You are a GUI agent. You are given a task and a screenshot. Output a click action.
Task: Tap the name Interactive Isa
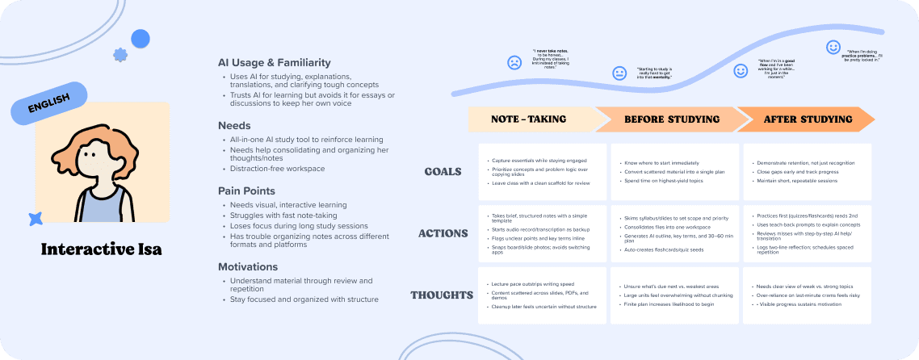click(x=101, y=249)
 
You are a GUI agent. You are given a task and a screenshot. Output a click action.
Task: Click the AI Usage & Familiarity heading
click(x=274, y=62)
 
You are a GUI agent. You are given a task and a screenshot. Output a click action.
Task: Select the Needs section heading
click(x=234, y=125)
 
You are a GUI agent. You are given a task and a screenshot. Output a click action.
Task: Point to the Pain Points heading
click(x=246, y=190)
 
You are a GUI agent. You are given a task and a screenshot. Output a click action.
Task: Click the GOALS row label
click(x=443, y=171)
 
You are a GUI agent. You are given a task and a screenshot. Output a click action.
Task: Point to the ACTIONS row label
click(x=443, y=233)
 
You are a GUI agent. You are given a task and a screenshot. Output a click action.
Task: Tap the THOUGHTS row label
click(x=442, y=295)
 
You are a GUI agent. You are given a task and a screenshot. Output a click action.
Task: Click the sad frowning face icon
click(x=514, y=62)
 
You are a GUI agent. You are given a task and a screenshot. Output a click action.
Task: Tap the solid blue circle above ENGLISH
click(x=141, y=38)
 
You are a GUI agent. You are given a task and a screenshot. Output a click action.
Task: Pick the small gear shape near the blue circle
click(x=120, y=55)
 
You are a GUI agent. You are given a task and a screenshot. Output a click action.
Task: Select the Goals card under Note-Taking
click(x=542, y=171)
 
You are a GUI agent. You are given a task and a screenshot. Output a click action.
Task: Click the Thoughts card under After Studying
click(x=806, y=295)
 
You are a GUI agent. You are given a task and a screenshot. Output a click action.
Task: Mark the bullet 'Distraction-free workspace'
click(x=277, y=169)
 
